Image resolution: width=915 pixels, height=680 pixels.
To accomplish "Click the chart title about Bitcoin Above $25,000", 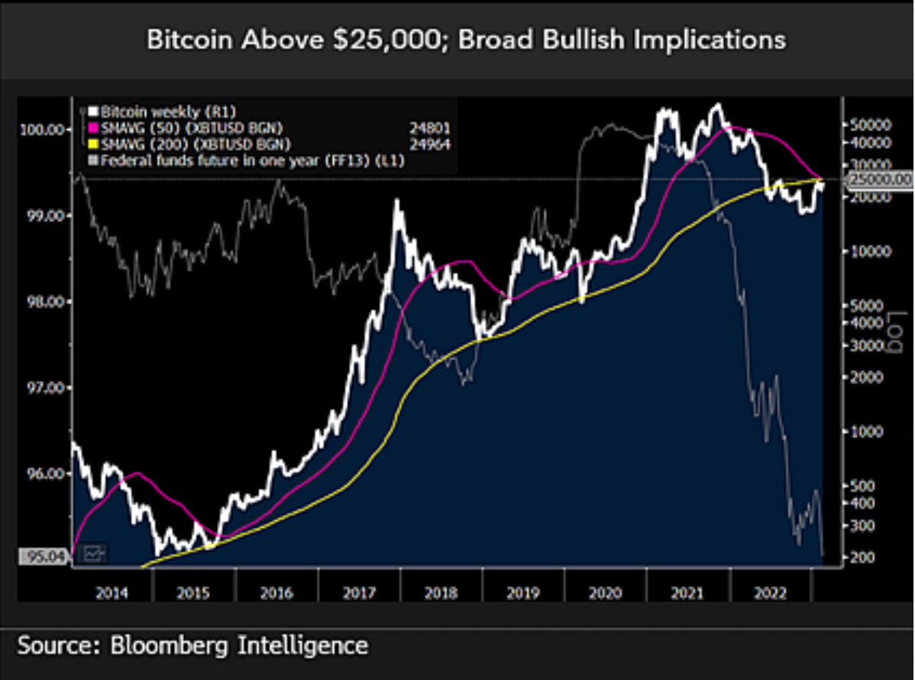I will click(466, 40).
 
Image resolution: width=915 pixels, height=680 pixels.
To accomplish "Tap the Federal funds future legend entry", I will click(244, 160).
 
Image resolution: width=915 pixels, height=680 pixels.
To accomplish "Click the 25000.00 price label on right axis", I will click(881, 179).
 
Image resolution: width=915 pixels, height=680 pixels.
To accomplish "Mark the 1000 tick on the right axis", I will click(866, 432).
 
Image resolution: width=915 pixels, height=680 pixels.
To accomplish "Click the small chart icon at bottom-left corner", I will click(95, 552).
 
